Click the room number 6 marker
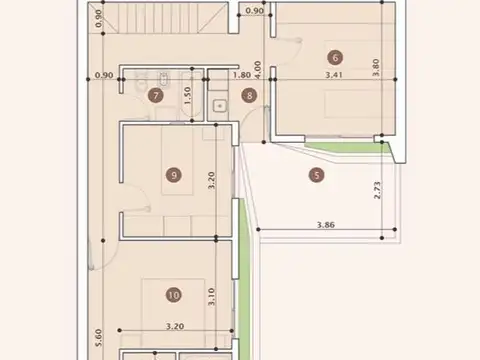pos(334,57)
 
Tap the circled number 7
pos(155,96)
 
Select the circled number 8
pos(249,96)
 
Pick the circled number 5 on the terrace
pos(318,176)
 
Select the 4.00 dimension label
pos(257,71)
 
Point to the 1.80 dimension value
pos(241,74)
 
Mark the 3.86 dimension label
pos(324,226)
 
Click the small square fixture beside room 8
pos(219,103)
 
